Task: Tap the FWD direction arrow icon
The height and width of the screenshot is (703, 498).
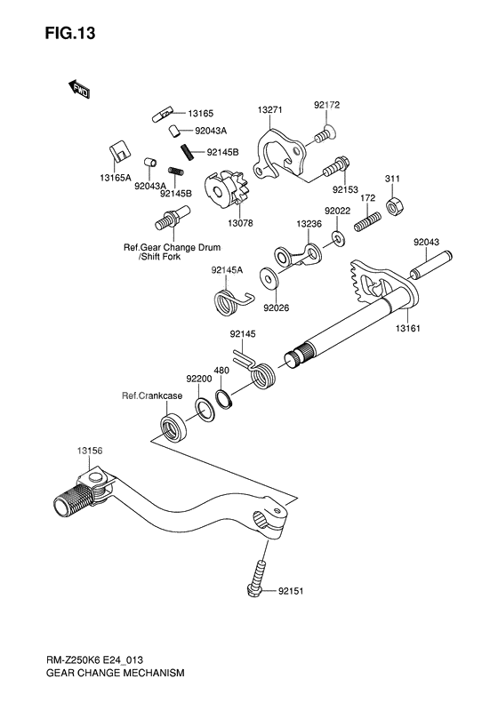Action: coord(79,87)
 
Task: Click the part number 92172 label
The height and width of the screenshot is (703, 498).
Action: coord(326,106)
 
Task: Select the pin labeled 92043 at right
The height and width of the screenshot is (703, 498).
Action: coord(430,266)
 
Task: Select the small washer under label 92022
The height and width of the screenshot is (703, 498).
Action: coord(339,238)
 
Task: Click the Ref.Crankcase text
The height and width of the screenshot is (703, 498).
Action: coord(152,395)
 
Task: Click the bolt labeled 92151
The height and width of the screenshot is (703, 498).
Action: coord(257,578)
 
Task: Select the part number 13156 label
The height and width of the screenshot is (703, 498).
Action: coord(90,451)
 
